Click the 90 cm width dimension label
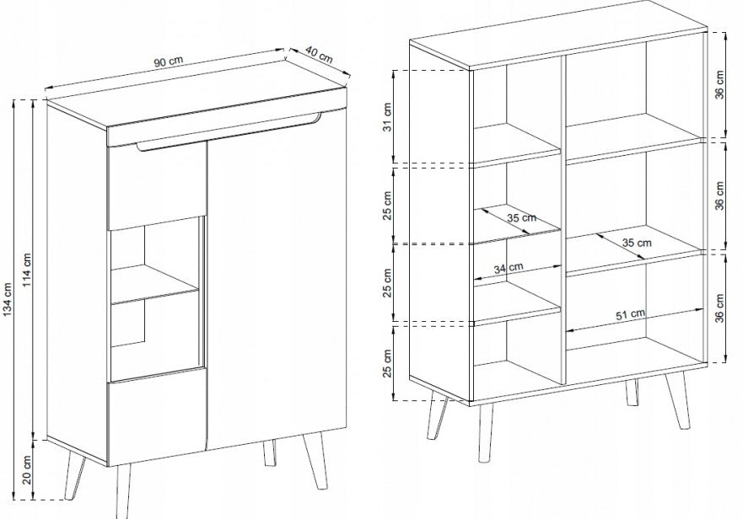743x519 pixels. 168,62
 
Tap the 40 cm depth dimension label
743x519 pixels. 319,55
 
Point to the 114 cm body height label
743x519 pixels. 26,270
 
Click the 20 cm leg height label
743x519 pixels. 26,470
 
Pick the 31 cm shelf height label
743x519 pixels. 388,117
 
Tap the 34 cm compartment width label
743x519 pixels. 509,268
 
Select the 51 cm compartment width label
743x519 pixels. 630,314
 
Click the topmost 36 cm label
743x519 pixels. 719,85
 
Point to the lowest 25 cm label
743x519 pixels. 388,364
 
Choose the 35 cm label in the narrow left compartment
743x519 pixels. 521,218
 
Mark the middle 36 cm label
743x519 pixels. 719,195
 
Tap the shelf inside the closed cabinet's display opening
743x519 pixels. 154,283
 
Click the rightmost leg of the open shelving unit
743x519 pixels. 678,401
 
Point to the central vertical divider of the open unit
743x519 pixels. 563,220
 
